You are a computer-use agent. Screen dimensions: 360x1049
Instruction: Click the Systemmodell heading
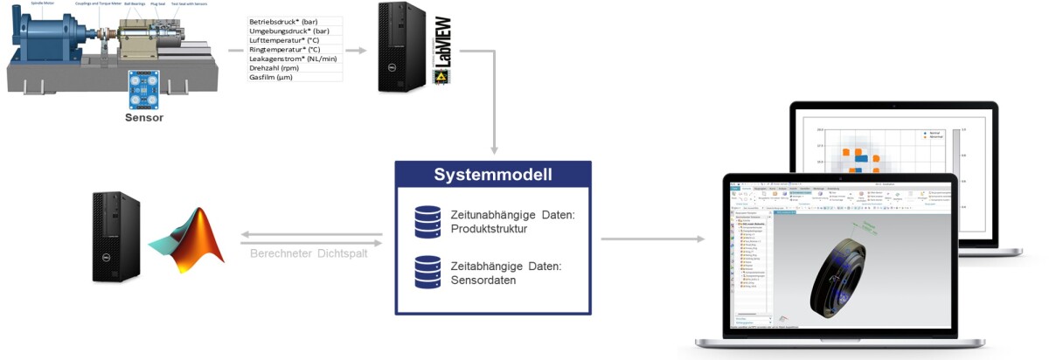pos(492,174)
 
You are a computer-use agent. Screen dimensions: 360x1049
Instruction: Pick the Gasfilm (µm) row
pos(270,78)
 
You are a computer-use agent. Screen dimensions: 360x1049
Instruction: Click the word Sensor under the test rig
pos(143,116)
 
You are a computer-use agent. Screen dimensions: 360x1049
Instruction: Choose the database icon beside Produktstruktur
pos(427,222)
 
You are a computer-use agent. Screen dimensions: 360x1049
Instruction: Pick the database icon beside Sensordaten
pos(427,272)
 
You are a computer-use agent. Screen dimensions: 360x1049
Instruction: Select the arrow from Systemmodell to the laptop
pos(652,239)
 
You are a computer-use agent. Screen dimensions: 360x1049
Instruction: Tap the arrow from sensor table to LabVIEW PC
pos(355,50)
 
